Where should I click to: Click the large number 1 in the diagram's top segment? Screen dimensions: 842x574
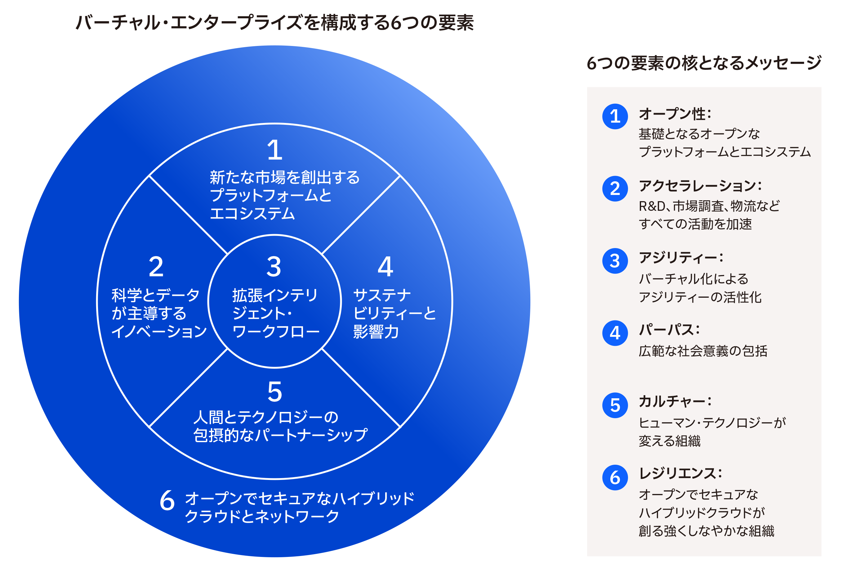coord(275,150)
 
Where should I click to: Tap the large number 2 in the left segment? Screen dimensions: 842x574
coord(156,267)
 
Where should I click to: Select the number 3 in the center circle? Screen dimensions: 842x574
coord(274,267)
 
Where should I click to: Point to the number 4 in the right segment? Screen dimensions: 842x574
coord(385,267)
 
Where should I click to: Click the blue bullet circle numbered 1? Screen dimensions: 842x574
coord(615,116)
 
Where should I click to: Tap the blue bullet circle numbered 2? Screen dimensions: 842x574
coord(615,188)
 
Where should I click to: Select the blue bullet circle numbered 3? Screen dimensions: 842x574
coord(615,261)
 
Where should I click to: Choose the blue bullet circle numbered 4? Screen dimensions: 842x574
coord(615,333)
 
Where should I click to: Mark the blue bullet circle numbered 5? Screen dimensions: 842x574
coord(615,405)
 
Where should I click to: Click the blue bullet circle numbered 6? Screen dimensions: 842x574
coord(615,477)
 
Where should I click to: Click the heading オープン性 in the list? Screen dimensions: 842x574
coord(672,114)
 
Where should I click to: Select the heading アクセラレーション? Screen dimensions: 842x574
coord(697,186)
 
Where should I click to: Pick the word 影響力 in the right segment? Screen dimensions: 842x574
coord(376,332)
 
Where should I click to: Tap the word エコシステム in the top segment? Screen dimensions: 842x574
coord(252,213)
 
